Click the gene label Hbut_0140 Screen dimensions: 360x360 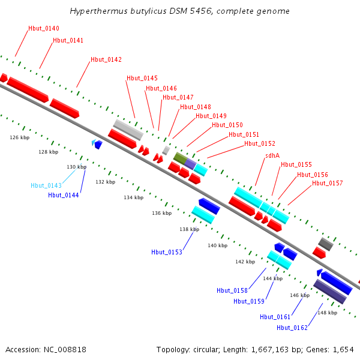coord(44,29)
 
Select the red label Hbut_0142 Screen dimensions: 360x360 coord(106,59)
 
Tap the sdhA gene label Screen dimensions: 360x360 coord(272,156)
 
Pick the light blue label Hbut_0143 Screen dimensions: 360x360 coord(46,185)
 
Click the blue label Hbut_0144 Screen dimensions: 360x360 coord(64,194)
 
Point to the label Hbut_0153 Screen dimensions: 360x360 coord(167,252)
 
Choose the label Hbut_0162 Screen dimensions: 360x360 coord(292,328)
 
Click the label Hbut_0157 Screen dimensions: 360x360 coord(328,183)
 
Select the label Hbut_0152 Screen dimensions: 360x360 coord(260,143)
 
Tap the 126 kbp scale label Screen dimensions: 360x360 coord(20,137)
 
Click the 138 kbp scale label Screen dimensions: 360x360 coord(189,229)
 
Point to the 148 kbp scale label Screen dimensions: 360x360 coord(327,313)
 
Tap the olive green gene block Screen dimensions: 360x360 coord(179,158)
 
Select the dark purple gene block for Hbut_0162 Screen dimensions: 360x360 coord(331,292)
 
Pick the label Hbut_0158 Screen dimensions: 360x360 coord(232,290)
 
